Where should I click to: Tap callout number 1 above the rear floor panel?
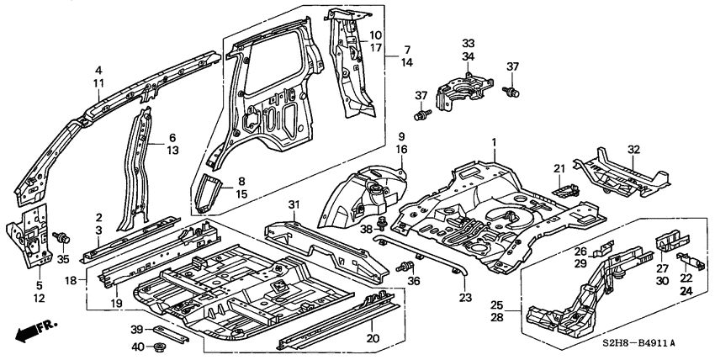(x=494, y=142)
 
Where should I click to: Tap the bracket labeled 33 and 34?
(x=460, y=88)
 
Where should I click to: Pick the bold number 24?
(x=686, y=291)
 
